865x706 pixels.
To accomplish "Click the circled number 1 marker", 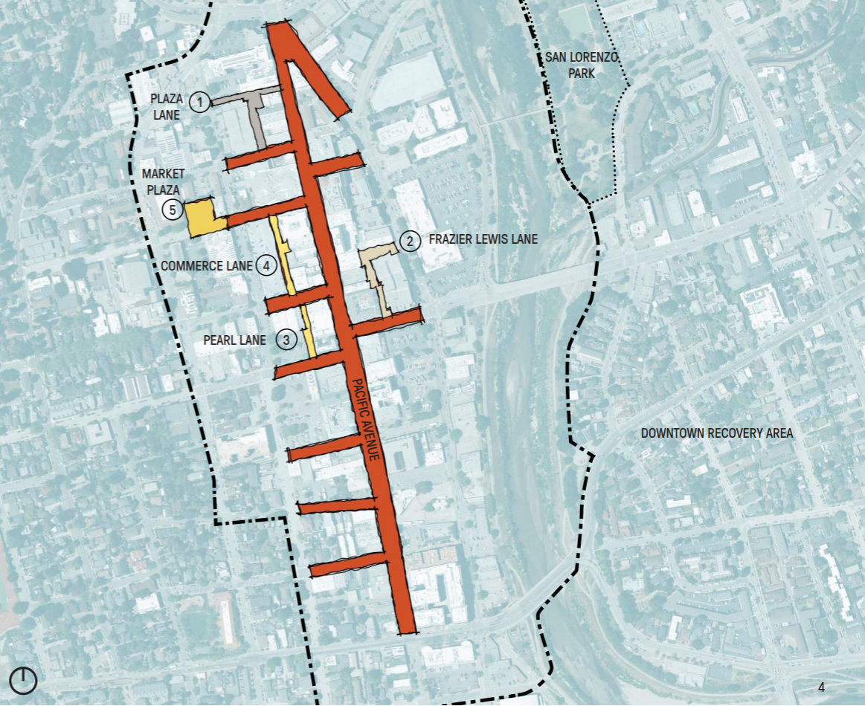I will pyautogui.click(x=199, y=102).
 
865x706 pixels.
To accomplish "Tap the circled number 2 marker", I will pyautogui.click(x=408, y=241).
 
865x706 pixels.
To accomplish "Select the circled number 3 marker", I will pyautogui.click(x=286, y=340).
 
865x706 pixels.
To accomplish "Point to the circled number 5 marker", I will pyautogui.click(x=173, y=210).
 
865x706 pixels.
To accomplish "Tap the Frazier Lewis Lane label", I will pyautogui.click(x=483, y=240).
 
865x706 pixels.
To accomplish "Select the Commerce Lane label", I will pyautogui.click(x=208, y=265).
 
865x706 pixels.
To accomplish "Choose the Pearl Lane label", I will pyautogui.click(x=234, y=340).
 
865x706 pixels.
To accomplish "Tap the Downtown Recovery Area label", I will pyautogui.click(x=717, y=433).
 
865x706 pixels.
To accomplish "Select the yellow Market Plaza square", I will pyautogui.click(x=202, y=218).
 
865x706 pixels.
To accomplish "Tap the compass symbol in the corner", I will pyautogui.click(x=24, y=680).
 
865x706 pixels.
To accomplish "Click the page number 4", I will pyautogui.click(x=821, y=687).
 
